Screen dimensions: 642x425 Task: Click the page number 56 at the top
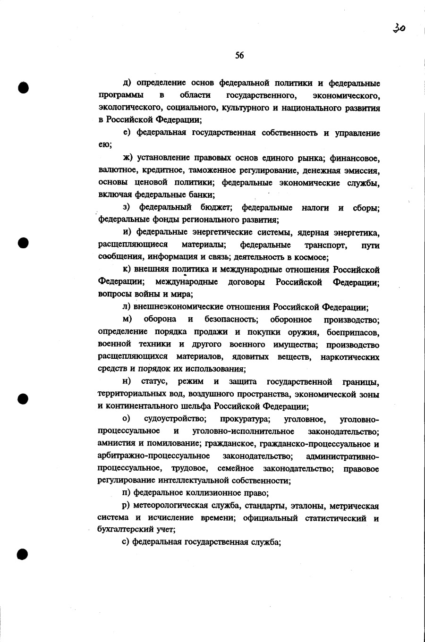click(239, 56)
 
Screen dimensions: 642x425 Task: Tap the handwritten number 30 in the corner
click(399, 28)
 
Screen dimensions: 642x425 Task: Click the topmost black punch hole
click(23, 88)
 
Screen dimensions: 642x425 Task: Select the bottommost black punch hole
click(23, 554)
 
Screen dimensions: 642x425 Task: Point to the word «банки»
click(201, 194)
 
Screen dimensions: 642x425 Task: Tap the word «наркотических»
click(350, 357)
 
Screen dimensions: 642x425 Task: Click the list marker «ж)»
click(128, 158)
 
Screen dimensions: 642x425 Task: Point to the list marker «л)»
click(127, 307)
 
